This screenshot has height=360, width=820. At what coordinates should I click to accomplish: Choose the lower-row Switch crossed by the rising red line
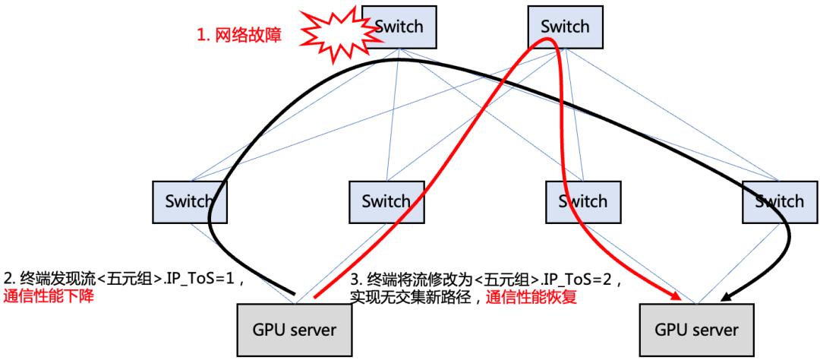pos(385,201)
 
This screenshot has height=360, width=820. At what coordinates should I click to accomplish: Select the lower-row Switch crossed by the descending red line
pos(581,201)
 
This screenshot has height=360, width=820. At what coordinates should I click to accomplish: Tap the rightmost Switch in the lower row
pos(777,201)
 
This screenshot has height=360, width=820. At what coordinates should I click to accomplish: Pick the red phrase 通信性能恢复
pos(531,298)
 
